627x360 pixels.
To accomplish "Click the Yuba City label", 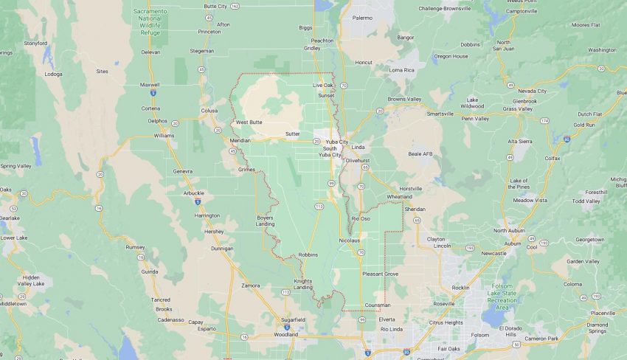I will pyautogui.click(x=336, y=141).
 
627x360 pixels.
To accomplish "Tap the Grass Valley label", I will pyautogui.click(x=517, y=108).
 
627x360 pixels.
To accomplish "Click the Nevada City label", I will pyautogui.click(x=532, y=91).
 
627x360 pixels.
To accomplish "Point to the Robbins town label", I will pyautogui.click(x=308, y=255).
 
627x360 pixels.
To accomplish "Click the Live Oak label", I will pyautogui.click(x=323, y=86).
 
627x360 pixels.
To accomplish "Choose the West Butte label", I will pyautogui.click(x=249, y=122).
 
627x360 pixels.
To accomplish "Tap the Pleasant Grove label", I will pyautogui.click(x=380, y=274).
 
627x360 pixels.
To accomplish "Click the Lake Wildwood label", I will pyautogui.click(x=474, y=103).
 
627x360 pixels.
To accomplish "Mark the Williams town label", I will pyautogui.click(x=164, y=136).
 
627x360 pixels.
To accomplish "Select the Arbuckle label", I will pyautogui.click(x=193, y=193).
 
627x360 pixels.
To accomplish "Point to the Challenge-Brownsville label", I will pyautogui.click(x=445, y=8).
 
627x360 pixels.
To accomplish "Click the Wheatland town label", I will pyautogui.click(x=399, y=197).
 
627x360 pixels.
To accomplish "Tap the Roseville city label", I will pyautogui.click(x=443, y=303).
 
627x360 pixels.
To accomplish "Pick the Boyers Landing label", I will pyautogui.click(x=265, y=221).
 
